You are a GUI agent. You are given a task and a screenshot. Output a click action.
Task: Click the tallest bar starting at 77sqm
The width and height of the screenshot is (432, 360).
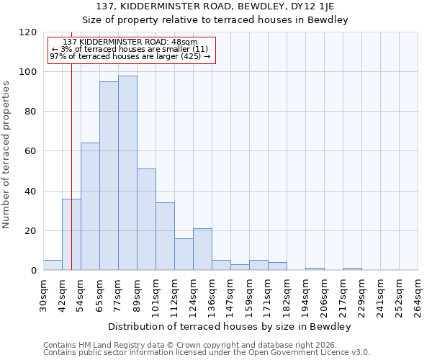(x=127, y=173)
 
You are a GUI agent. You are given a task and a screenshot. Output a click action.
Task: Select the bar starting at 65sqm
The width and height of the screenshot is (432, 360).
(x=109, y=176)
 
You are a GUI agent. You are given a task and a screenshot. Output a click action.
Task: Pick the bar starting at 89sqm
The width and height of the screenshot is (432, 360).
(x=146, y=220)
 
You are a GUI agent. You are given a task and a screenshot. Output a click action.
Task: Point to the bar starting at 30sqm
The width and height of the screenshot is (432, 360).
(x=53, y=265)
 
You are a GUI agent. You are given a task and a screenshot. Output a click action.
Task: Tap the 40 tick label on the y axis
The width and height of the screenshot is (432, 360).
(x=31, y=192)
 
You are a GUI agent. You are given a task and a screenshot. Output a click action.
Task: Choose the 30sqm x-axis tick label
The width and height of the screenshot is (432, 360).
(x=43, y=294)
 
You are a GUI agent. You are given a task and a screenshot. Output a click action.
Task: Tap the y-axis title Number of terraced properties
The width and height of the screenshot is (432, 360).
(x=6, y=155)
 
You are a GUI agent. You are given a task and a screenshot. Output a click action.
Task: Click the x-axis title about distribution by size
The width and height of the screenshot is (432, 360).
(x=230, y=327)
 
